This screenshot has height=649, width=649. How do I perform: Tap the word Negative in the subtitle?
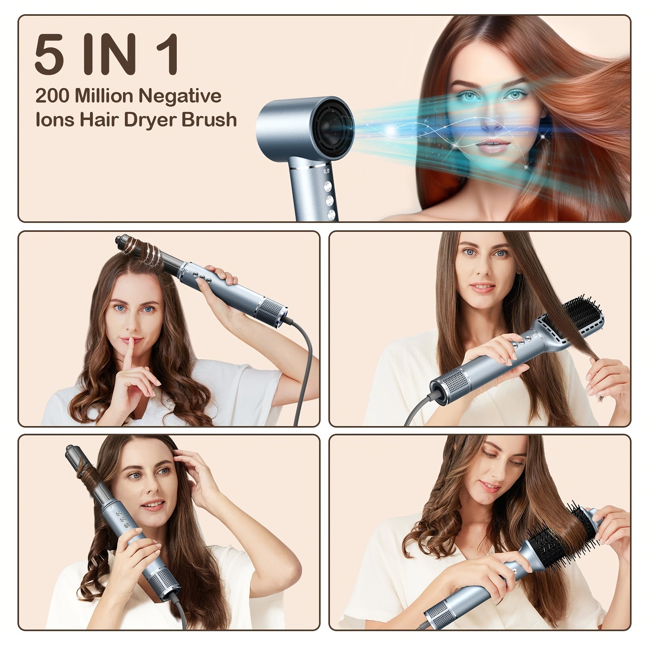coord(180,96)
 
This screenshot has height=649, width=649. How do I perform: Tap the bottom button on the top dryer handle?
coord(332,214)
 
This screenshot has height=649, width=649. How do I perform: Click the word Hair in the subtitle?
coord(99,120)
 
